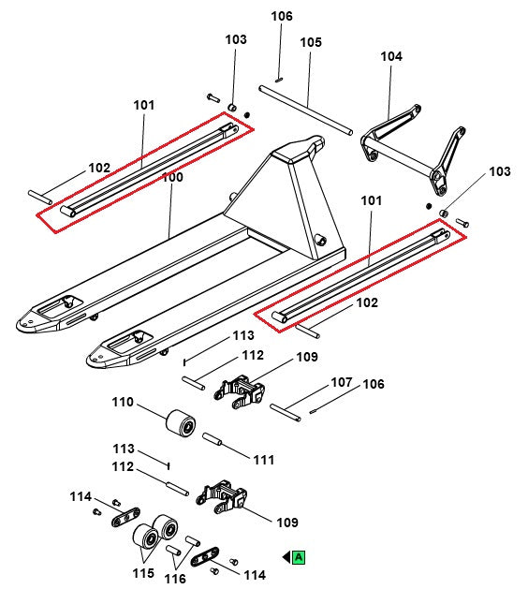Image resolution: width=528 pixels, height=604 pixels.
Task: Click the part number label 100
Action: point(173,177)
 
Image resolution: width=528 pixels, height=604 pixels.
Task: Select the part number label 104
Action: point(390,56)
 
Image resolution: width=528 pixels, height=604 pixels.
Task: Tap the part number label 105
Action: point(311,42)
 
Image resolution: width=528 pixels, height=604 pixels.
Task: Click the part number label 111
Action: point(264,459)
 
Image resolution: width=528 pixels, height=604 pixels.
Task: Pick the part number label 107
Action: point(341,383)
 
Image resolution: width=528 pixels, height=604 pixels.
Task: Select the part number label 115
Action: point(142,572)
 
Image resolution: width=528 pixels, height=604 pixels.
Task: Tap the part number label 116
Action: point(175,579)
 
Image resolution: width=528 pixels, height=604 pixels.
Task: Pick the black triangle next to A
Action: point(286,557)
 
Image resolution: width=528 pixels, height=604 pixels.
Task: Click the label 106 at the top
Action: point(282,16)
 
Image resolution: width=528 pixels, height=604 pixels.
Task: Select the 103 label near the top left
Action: point(236,39)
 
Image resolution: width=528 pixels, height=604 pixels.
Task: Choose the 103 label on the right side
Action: point(500,171)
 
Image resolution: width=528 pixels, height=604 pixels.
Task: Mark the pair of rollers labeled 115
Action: point(156,534)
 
